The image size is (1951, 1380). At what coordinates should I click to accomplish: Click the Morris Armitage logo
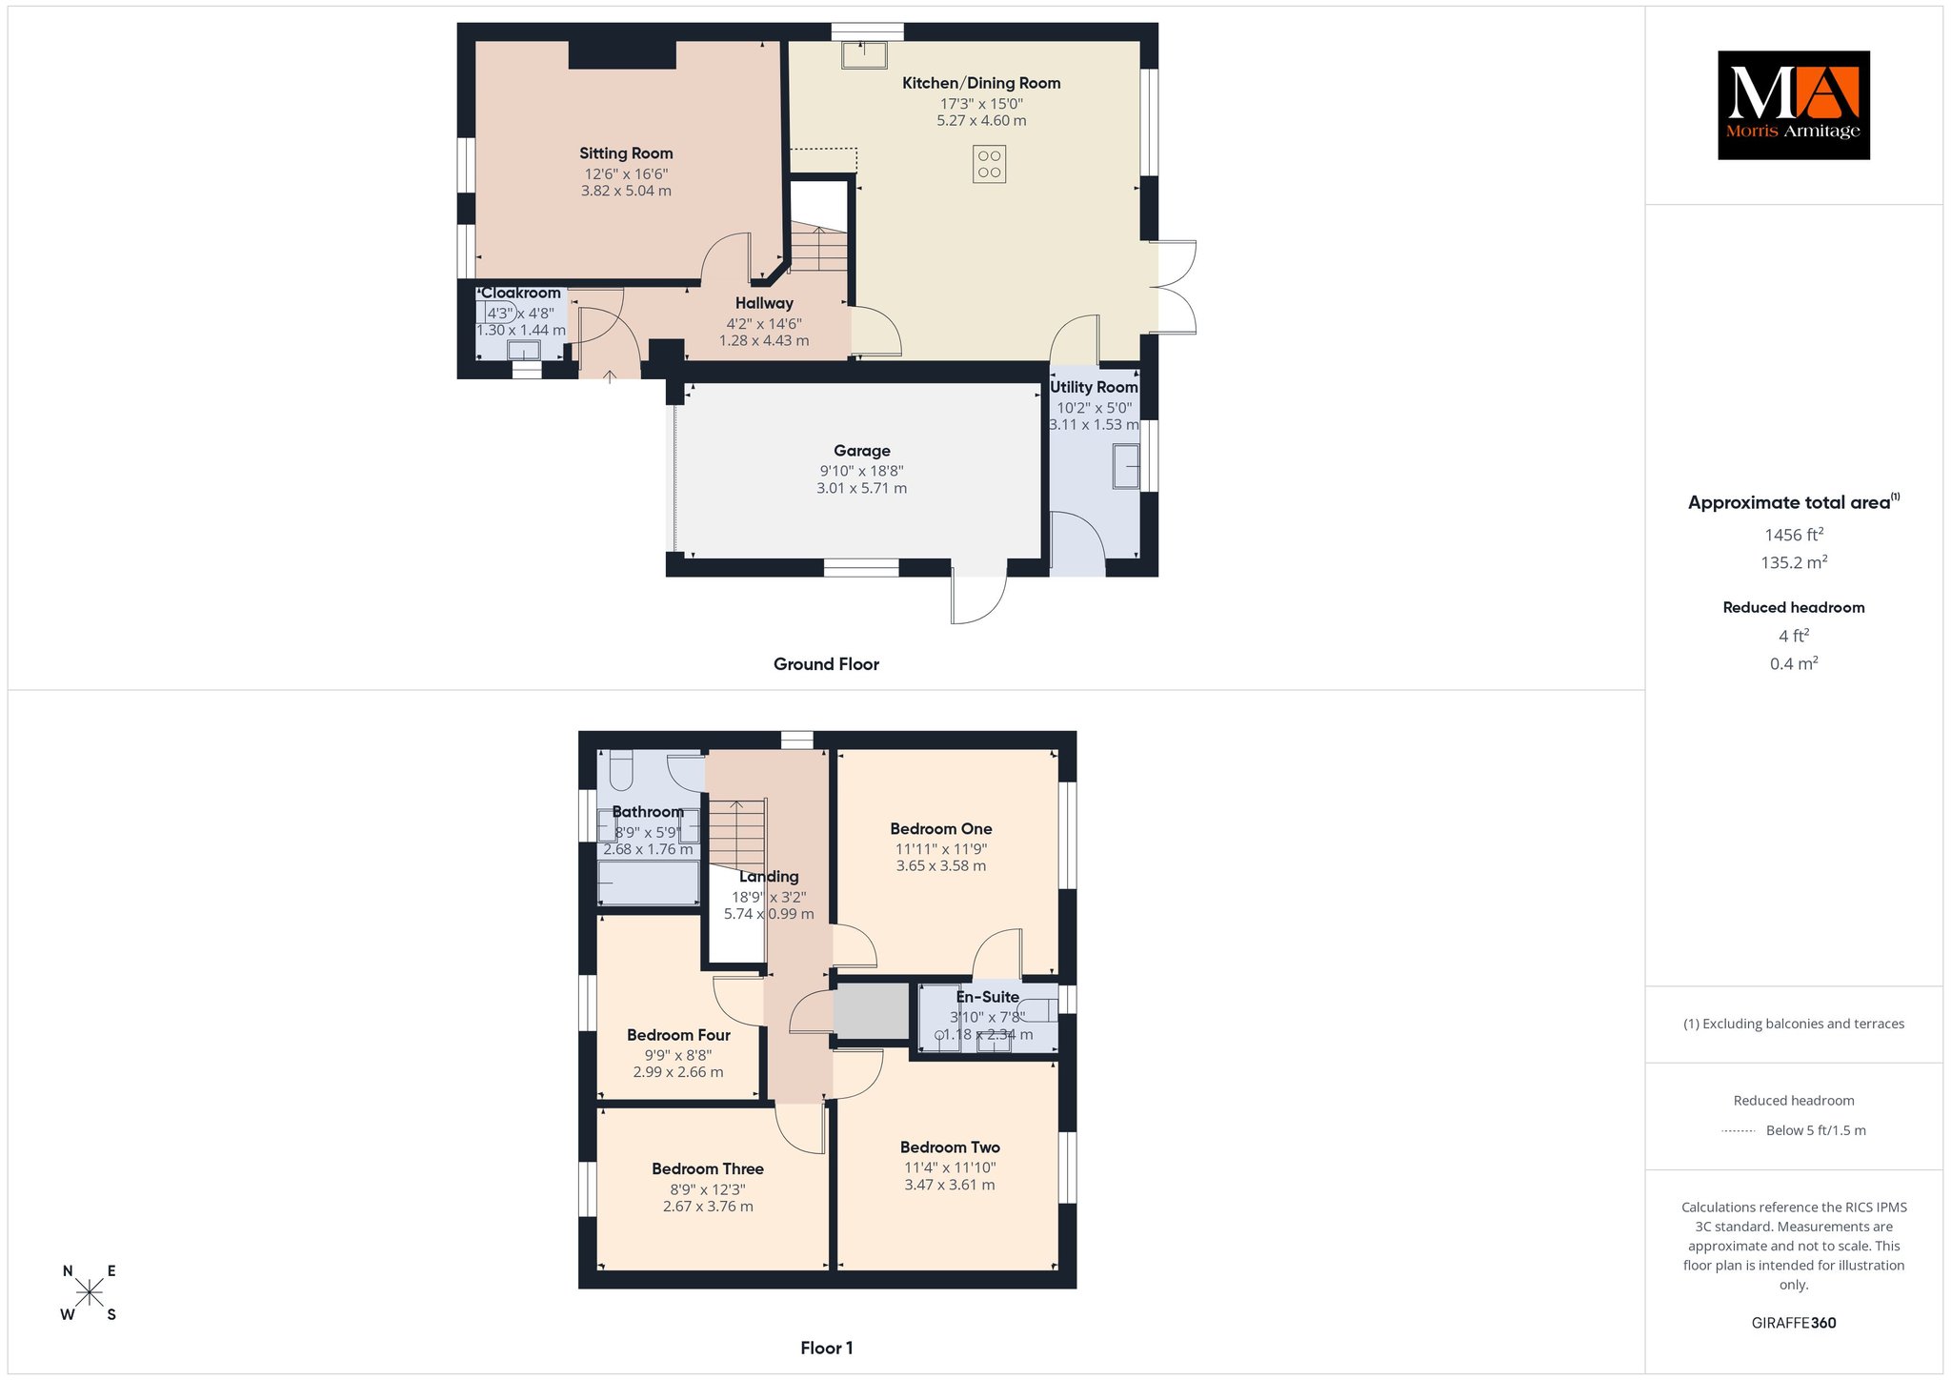tap(1793, 105)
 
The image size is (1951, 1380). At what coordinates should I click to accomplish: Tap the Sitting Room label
tap(626, 153)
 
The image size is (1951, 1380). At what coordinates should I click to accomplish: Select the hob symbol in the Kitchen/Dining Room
tap(990, 164)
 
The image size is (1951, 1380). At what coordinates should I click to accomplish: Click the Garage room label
tap(862, 451)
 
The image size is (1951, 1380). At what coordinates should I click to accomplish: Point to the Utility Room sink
tap(1126, 467)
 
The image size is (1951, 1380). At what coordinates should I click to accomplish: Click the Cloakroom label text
tap(521, 293)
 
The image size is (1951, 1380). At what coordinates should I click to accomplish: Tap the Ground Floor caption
tap(826, 664)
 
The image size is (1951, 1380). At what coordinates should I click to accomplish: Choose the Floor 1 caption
tap(827, 1348)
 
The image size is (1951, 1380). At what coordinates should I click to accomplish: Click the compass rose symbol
tap(90, 1292)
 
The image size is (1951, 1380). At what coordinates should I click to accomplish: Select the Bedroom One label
tap(941, 829)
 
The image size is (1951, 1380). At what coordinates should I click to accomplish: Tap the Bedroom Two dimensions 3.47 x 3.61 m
tap(950, 1185)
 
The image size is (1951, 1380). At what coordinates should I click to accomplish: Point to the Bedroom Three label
tap(708, 1168)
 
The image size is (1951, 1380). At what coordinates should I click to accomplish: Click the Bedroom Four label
tap(678, 1035)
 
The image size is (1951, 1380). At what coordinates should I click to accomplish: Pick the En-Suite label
tap(988, 997)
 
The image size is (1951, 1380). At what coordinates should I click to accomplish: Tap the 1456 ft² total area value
tap(1794, 535)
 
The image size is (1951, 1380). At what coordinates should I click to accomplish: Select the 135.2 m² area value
tap(1794, 562)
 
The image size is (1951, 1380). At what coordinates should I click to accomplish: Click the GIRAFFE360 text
tap(1794, 1323)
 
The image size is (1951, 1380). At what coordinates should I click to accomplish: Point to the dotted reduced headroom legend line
tap(1739, 1131)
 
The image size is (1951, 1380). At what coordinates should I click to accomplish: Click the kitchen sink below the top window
tap(864, 54)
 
